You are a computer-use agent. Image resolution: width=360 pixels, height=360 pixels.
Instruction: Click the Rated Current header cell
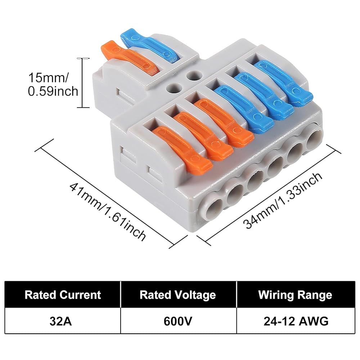63,294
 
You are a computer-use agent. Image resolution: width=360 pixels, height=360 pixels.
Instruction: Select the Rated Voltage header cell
178,294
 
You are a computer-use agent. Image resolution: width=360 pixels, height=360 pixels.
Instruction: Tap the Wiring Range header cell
296,294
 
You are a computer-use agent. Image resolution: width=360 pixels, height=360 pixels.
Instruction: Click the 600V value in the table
178,321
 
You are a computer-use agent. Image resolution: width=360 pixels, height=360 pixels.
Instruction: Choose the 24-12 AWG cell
296,321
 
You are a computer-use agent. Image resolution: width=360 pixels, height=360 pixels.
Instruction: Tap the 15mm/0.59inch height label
53,85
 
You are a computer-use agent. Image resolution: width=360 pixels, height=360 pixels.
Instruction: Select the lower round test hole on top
174,88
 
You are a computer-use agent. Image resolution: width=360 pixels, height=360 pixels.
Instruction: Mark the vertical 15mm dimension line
83,83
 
